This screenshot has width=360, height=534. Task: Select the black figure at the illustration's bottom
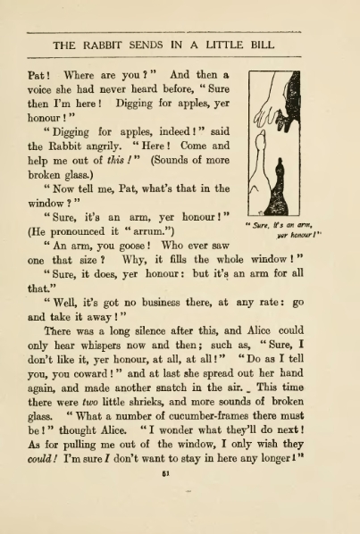[x=279, y=193]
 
